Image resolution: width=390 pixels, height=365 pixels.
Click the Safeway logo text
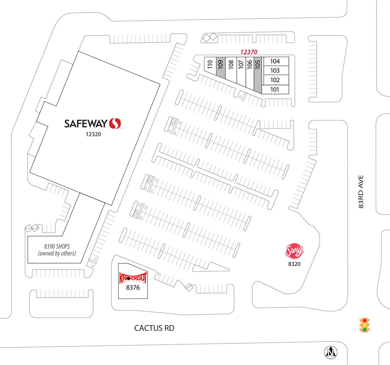pos(86,123)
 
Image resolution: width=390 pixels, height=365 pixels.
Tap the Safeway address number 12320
pos(93,134)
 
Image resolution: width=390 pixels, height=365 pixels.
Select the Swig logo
pos(294,251)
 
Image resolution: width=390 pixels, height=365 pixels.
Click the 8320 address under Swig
pos(294,264)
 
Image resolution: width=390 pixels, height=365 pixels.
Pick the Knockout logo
pos(133,277)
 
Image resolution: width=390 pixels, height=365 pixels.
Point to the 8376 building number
pos(133,288)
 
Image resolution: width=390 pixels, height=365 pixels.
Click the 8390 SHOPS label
pos(57,247)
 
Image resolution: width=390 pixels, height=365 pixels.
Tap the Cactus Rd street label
pos(154,328)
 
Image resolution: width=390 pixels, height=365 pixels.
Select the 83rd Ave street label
pos(361,192)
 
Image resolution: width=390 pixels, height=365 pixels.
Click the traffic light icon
pos(364,325)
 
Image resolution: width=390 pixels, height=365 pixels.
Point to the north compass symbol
pos(331,352)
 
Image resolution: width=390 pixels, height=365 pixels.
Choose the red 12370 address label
pos(249,52)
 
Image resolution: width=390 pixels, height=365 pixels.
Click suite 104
pos(275,61)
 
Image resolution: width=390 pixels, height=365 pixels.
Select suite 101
pos(275,89)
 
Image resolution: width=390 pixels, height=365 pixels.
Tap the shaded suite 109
pos(221,67)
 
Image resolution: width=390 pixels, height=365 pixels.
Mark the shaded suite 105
pos(258,73)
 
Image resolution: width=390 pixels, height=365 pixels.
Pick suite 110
pos(210,64)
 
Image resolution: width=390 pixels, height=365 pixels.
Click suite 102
pos(275,80)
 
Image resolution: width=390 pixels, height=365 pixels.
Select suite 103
pos(275,71)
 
